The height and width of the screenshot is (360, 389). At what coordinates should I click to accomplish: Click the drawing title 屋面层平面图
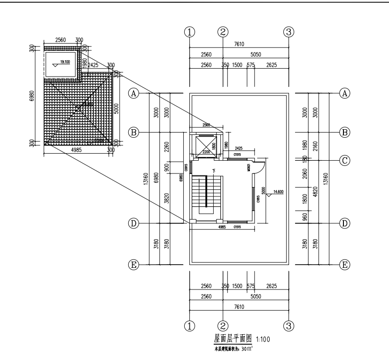pyautogui.click(x=233, y=338)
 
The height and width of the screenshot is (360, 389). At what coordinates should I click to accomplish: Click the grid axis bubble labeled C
pyautogui.click(x=345, y=160)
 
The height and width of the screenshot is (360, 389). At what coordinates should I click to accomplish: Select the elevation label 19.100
pyautogui.click(x=64, y=62)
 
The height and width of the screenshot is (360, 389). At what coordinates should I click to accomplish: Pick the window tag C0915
pyautogui.click(x=187, y=167)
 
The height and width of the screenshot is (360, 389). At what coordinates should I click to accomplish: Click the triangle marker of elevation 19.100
pyautogui.click(x=55, y=65)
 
